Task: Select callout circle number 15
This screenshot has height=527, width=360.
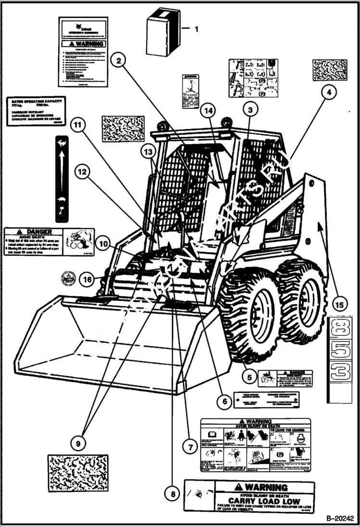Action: pyautogui.click(x=340, y=304)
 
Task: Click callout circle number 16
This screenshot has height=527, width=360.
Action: pyautogui.click(x=87, y=279)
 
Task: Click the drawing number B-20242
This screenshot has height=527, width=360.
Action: pyautogui.click(x=339, y=519)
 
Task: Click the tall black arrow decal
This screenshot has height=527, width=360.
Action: pyautogui.click(x=62, y=177)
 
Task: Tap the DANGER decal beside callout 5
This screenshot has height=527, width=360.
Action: pyautogui.click(x=285, y=378)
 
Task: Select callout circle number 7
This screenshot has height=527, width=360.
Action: pyautogui.click(x=190, y=447)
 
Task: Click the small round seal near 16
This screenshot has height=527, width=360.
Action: pyautogui.click(x=68, y=278)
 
